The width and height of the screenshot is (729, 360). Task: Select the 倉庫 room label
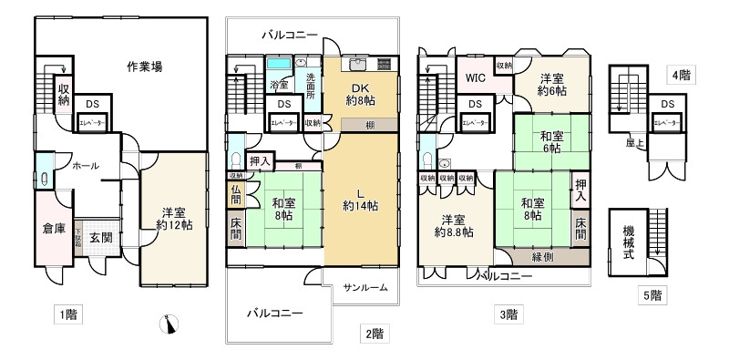54,229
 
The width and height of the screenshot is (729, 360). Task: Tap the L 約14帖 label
359,199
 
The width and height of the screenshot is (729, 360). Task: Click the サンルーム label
365,288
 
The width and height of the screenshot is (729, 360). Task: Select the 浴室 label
279,86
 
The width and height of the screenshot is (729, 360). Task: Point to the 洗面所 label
311,84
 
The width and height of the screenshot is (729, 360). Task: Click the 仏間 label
235,194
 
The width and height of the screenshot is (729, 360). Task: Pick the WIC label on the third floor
475,78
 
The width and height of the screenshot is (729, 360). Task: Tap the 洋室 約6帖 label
552,85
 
